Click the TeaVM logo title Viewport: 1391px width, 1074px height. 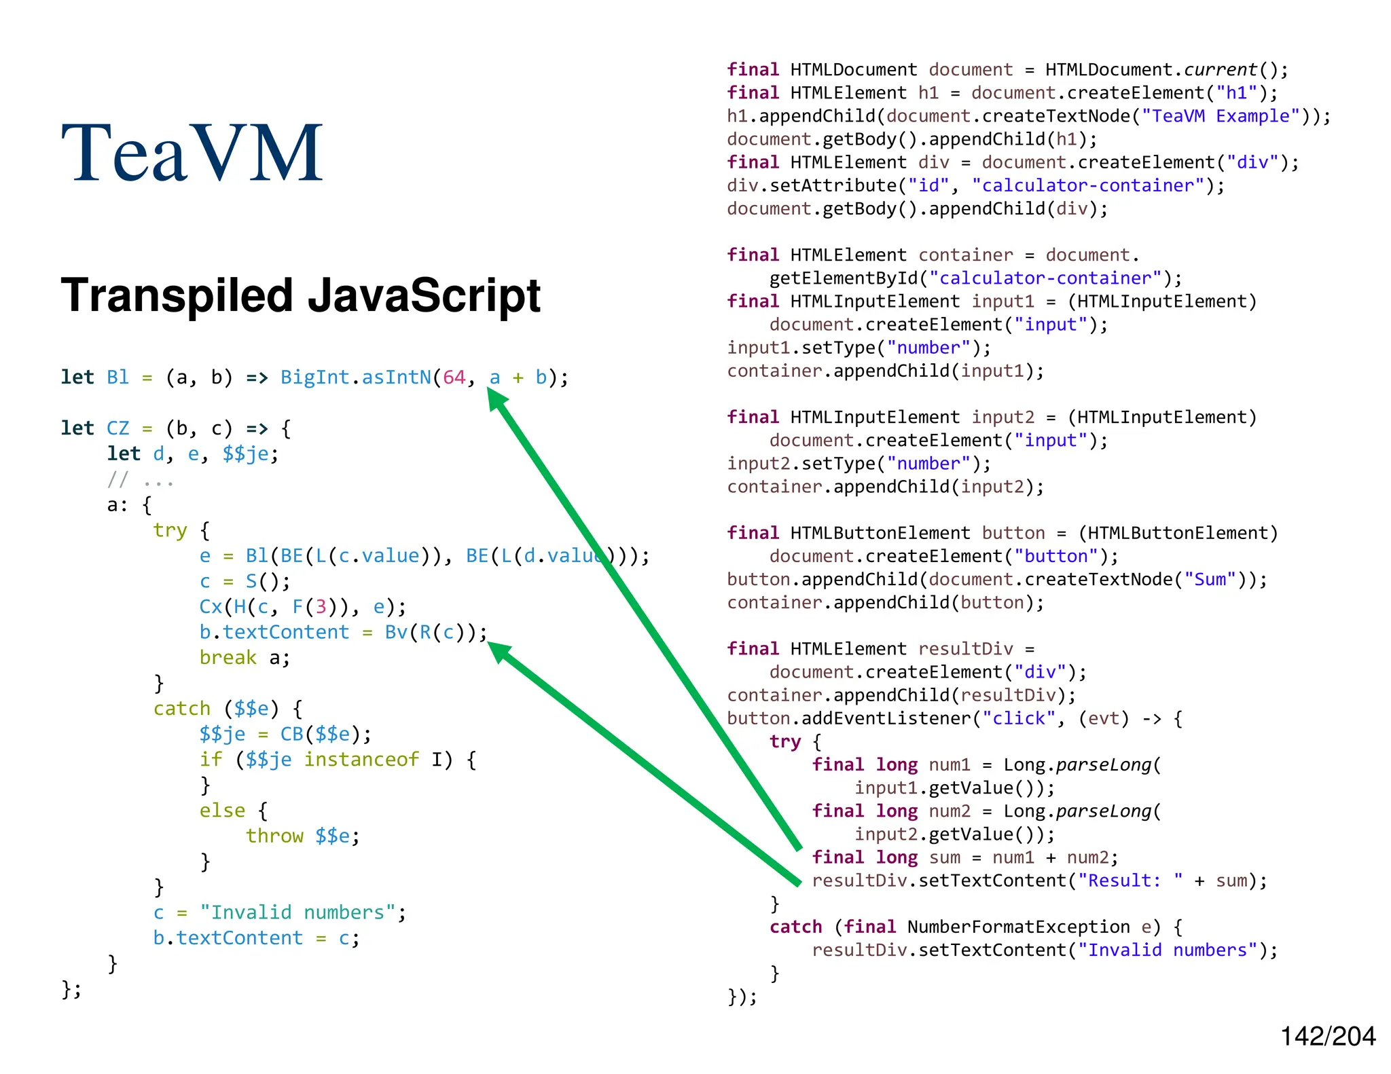(192, 153)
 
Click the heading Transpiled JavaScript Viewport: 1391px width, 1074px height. (300, 296)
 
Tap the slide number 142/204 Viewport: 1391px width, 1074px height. (1327, 1037)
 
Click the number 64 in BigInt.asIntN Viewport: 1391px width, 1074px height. (454, 377)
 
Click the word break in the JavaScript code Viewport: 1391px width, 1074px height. (228, 658)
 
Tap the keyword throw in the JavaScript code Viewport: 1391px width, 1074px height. (274, 836)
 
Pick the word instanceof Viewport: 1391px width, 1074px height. (361, 759)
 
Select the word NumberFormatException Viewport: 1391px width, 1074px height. (1019, 927)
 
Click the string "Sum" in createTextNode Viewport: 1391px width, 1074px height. (1210, 579)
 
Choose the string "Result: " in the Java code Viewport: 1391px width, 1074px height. (1130, 881)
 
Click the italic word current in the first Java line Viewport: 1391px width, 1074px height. (1221, 70)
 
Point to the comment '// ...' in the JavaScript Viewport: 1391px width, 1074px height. (140, 481)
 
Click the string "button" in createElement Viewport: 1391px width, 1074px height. (1055, 556)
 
